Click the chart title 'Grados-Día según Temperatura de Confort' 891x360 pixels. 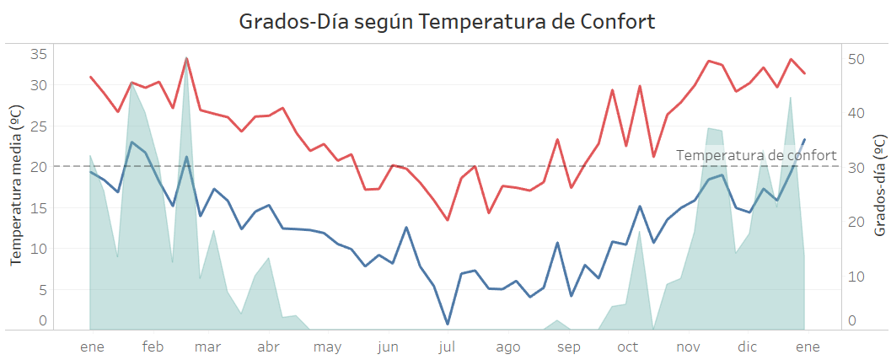[447, 22]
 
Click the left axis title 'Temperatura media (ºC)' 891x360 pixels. [16, 185]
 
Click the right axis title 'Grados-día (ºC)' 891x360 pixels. [879, 185]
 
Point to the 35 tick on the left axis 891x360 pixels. [39, 54]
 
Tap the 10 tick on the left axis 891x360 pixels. [39, 249]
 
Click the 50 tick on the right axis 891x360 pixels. [856, 59]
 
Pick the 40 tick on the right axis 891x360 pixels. [856, 113]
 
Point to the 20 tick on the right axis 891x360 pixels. [856, 222]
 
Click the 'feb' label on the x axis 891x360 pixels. [153, 347]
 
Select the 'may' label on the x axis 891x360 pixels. [327, 347]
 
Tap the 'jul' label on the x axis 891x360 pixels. [447, 347]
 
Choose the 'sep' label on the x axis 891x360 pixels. [569, 347]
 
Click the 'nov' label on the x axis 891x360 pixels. [689, 347]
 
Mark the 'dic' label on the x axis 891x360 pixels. [747, 347]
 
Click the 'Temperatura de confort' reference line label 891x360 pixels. [756, 155]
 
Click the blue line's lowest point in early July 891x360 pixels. [448, 324]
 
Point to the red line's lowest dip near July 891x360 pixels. [448, 220]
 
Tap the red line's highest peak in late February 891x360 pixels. [186, 59]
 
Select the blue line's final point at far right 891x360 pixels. [804, 140]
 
